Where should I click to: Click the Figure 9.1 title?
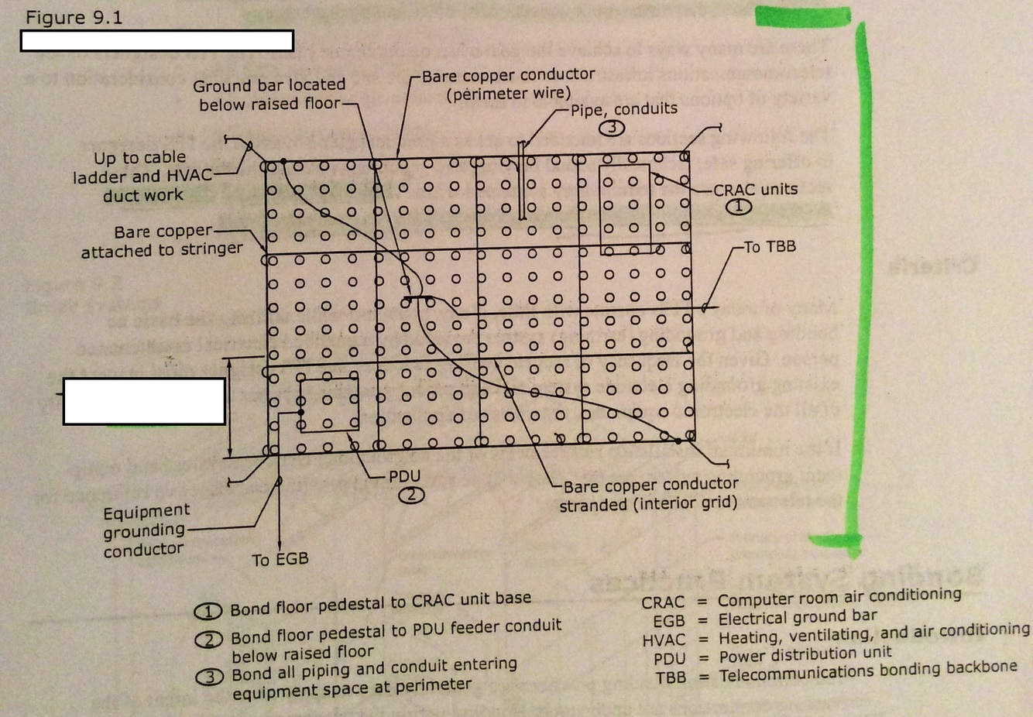click(x=74, y=18)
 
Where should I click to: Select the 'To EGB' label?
click(x=280, y=559)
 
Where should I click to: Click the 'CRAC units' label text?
click(x=755, y=190)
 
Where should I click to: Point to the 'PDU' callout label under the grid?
click(x=404, y=476)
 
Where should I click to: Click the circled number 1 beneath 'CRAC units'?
click(x=739, y=207)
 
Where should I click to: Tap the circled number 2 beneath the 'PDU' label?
click(x=411, y=495)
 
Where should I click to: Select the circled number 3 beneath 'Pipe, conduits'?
click(x=612, y=128)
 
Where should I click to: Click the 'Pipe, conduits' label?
click(x=623, y=109)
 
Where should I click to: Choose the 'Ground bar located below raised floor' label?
click(x=269, y=94)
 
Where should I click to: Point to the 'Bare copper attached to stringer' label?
click(x=162, y=241)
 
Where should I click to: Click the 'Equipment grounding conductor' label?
click(x=146, y=530)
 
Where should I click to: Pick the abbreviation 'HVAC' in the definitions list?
click(x=664, y=640)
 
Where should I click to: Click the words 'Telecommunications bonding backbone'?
click(x=867, y=671)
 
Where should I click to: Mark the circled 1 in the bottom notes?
click(x=208, y=612)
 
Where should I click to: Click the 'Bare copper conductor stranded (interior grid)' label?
click(x=649, y=495)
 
